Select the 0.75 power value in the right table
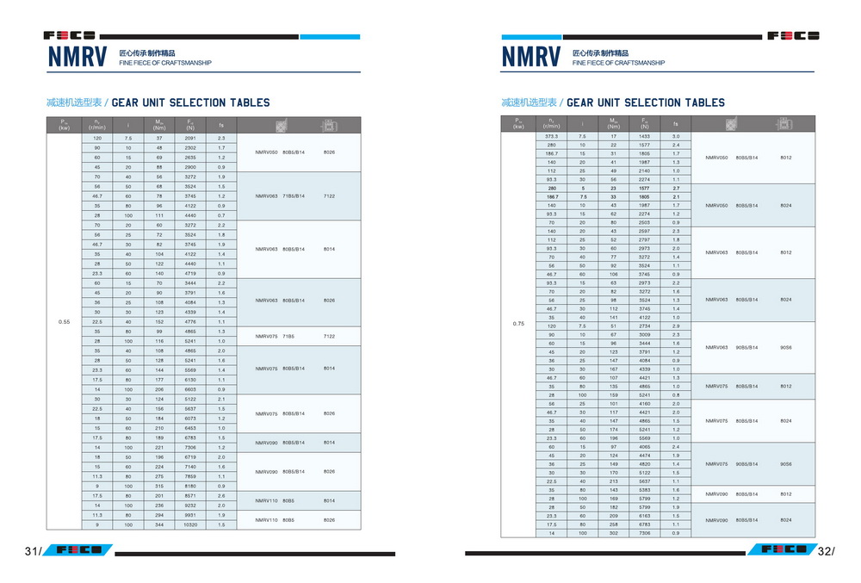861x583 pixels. (x=518, y=323)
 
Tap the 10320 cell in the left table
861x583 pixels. (x=190, y=524)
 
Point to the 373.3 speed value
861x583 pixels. (x=551, y=136)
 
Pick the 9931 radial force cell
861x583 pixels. (x=190, y=515)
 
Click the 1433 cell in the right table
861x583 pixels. (x=644, y=136)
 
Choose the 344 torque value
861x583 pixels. (x=159, y=524)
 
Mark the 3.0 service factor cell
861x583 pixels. (x=676, y=136)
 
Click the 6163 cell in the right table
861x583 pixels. (x=644, y=515)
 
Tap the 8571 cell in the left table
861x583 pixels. (x=190, y=495)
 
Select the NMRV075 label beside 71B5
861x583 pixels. (x=266, y=336)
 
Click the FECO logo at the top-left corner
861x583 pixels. (x=70, y=36)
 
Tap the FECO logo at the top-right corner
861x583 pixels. (x=792, y=36)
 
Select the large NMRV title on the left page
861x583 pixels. (x=77, y=58)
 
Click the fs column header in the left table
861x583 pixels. (x=221, y=125)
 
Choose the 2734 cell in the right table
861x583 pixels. (x=644, y=326)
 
